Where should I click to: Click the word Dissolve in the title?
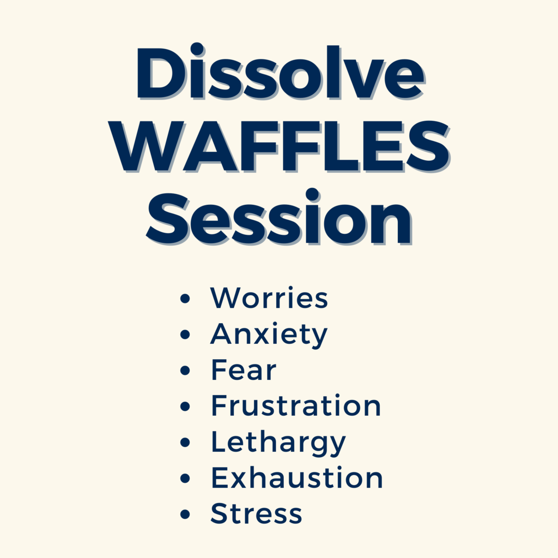(281, 71)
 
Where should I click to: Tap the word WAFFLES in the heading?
(280, 146)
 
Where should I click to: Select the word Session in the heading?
(280, 217)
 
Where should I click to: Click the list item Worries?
(269, 297)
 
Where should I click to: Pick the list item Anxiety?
(269, 335)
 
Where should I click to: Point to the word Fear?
(244, 370)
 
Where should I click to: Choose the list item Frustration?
(296, 405)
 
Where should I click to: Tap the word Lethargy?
(278, 442)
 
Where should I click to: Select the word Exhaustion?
(297, 477)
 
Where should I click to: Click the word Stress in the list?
(256, 513)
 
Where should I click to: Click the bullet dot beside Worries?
(185, 298)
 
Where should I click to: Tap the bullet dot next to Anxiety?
(185, 334)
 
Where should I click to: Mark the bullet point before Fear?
(185, 371)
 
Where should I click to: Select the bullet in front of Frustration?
(185, 407)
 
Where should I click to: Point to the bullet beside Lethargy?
(185, 442)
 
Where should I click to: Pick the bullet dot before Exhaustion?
(185, 478)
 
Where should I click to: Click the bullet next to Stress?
(185, 514)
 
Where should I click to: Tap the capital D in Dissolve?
(160, 73)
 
